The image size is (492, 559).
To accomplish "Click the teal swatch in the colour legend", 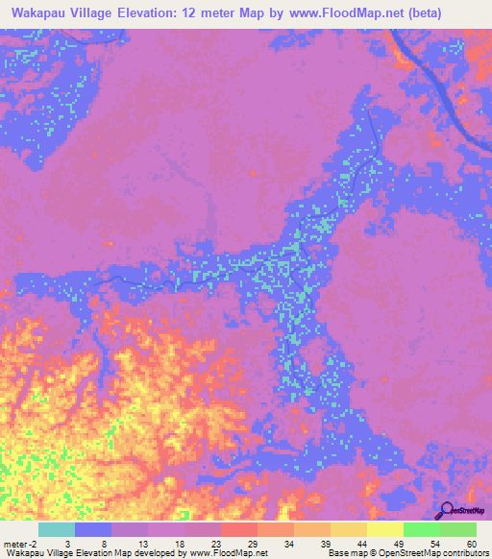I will coord(57,529).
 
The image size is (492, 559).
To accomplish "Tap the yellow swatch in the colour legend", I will coord(385,529).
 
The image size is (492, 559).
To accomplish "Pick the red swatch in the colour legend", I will coord(239,529).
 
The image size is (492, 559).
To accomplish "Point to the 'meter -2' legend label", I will coord(20,542).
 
